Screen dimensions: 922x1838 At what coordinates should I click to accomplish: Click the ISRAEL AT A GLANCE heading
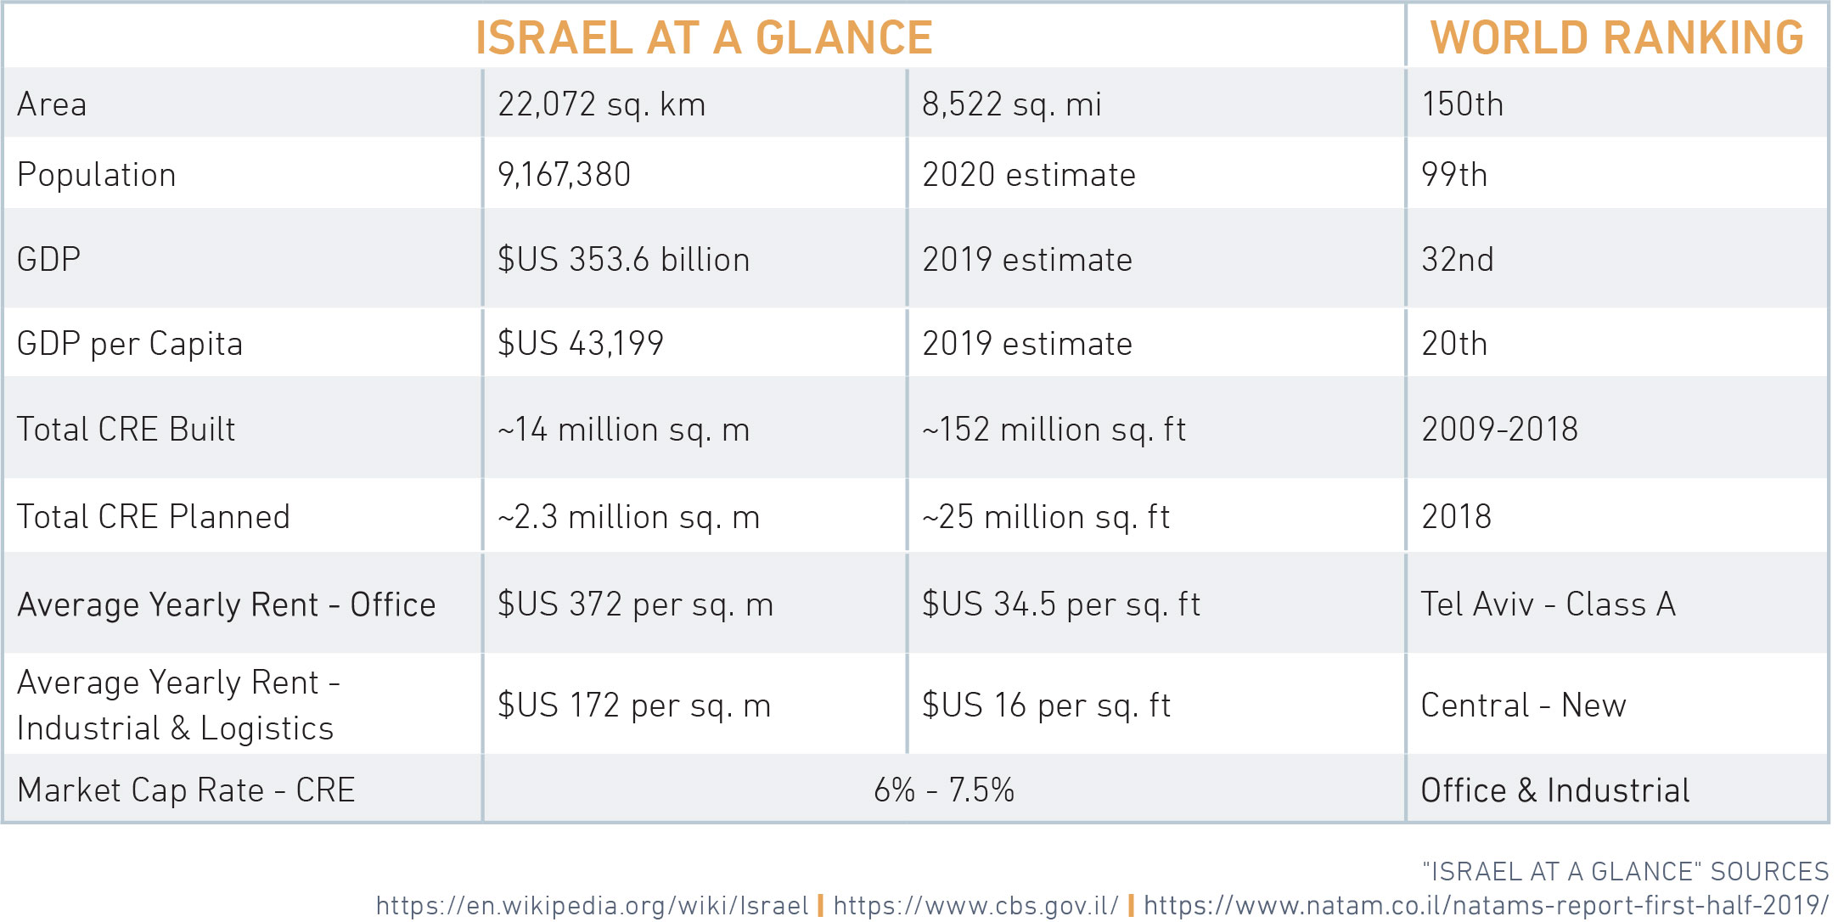pyautogui.click(x=704, y=38)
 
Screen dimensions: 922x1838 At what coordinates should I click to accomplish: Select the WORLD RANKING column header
pyautogui.click(x=1617, y=38)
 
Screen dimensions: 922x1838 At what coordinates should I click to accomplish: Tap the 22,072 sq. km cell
pyautogui.click(x=601, y=104)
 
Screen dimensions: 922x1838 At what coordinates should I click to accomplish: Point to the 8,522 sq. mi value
pyautogui.click(x=1012, y=104)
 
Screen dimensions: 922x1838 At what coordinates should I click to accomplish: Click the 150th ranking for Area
pyautogui.click(x=1462, y=104)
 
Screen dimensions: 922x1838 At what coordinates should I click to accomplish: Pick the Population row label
pyautogui.click(x=97, y=175)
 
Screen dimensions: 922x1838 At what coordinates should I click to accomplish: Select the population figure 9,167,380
pyautogui.click(x=564, y=175)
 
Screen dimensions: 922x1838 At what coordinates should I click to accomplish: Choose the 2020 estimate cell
pyautogui.click(x=1029, y=175)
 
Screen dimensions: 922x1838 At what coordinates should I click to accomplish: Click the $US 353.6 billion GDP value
pyautogui.click(x=623, y=260)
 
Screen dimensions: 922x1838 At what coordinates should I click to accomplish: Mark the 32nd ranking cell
pyautogui.click(x=1458, y=260)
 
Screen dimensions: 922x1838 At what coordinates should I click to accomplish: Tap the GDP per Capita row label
pyautogui.click(x=130, y=344)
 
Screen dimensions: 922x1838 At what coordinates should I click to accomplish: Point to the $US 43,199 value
pyautogui.click(x=580, y=344)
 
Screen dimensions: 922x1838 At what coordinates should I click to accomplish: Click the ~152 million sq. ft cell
pyautogui.click(x=1054, y=430)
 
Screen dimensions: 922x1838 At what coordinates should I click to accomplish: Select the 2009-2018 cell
pyautogui.click(x=1499, y=430)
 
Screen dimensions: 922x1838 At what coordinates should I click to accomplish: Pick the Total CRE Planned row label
pyautogui.click(x=154, y=517)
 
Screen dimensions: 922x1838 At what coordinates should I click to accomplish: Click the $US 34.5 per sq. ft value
pyautogui.click(x=1061, y=604)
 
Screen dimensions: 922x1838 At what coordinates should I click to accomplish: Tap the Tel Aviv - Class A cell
pyautogui.click(x=1549, y=604)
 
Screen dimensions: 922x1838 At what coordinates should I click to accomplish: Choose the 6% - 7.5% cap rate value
pyautogui.click(x=944, y=790)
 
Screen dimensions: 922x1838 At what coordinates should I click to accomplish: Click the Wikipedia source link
pyautogui.click(x=592, y=905)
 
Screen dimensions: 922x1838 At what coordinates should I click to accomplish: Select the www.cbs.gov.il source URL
pyautogui.click(x=975, y=905)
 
